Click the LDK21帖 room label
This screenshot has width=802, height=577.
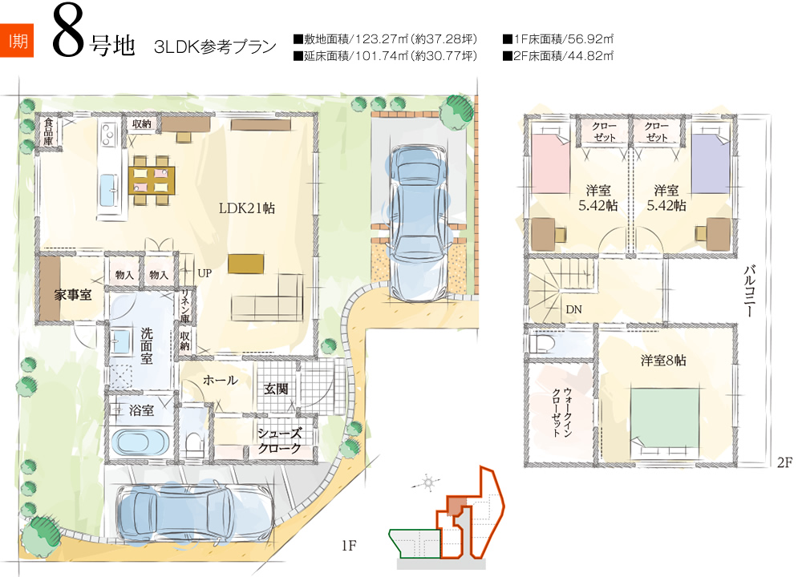[246, 208]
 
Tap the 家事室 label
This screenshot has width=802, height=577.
[73, 294]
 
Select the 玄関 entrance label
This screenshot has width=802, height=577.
[276, 389]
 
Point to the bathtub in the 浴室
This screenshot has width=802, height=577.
[140, 442]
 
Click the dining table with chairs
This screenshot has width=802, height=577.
[152, 180]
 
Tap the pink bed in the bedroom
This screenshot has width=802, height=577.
[551, 163]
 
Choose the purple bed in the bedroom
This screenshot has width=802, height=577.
[711, 163]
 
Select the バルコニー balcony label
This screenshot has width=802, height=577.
[750, 291]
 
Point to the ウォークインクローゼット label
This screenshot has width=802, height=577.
[561, 412]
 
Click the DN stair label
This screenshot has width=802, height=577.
[573, 309]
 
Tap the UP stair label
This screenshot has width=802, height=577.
[205, 273]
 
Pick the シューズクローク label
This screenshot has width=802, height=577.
[279, 441]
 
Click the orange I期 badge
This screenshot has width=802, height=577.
[17, 40]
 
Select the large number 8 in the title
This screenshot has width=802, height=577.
[68, 32]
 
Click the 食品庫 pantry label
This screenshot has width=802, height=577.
[49, 132]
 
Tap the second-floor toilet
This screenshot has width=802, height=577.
[541, 343]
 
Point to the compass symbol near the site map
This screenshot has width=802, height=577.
[428, 482]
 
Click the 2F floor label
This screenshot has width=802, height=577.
[784, 462]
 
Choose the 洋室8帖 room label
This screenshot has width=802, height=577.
[663, 361]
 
